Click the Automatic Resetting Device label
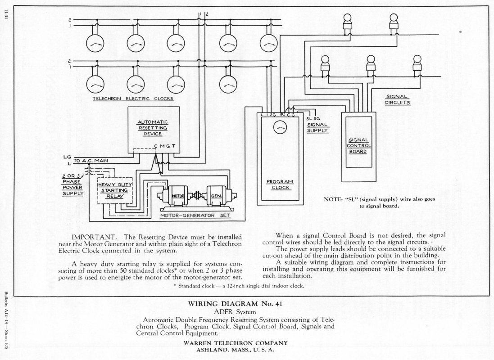(153, 128)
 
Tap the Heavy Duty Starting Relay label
(115, 190)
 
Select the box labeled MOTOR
(177, 196)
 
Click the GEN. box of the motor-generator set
(216, 196)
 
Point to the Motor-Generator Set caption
(195, 216)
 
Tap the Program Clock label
(280, 184)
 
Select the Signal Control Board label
(359, 145)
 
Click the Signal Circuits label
(397, 99)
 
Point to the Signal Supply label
(318, 127)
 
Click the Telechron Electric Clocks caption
(133, 99)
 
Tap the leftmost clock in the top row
(95, 44)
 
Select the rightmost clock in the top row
(269, 44)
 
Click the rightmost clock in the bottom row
(228, 85)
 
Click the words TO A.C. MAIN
(91, 161)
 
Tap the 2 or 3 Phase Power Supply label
(73, 185)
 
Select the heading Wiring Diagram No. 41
(235, 304)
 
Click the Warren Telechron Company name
(236, 343)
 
